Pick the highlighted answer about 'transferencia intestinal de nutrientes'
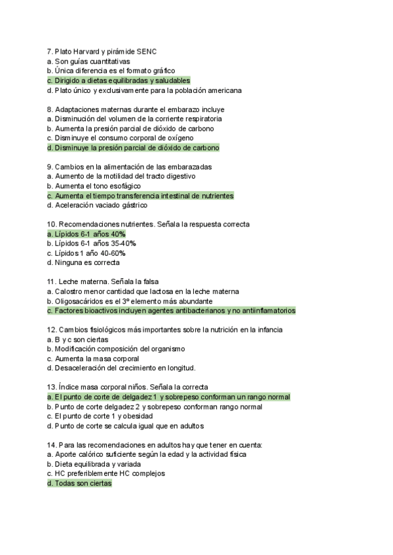(140, 196)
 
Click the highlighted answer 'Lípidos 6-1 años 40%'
(86, 234)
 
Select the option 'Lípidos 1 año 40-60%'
(86, 253)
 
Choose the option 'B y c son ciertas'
(77, 340)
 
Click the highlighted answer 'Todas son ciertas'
(79, 484)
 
